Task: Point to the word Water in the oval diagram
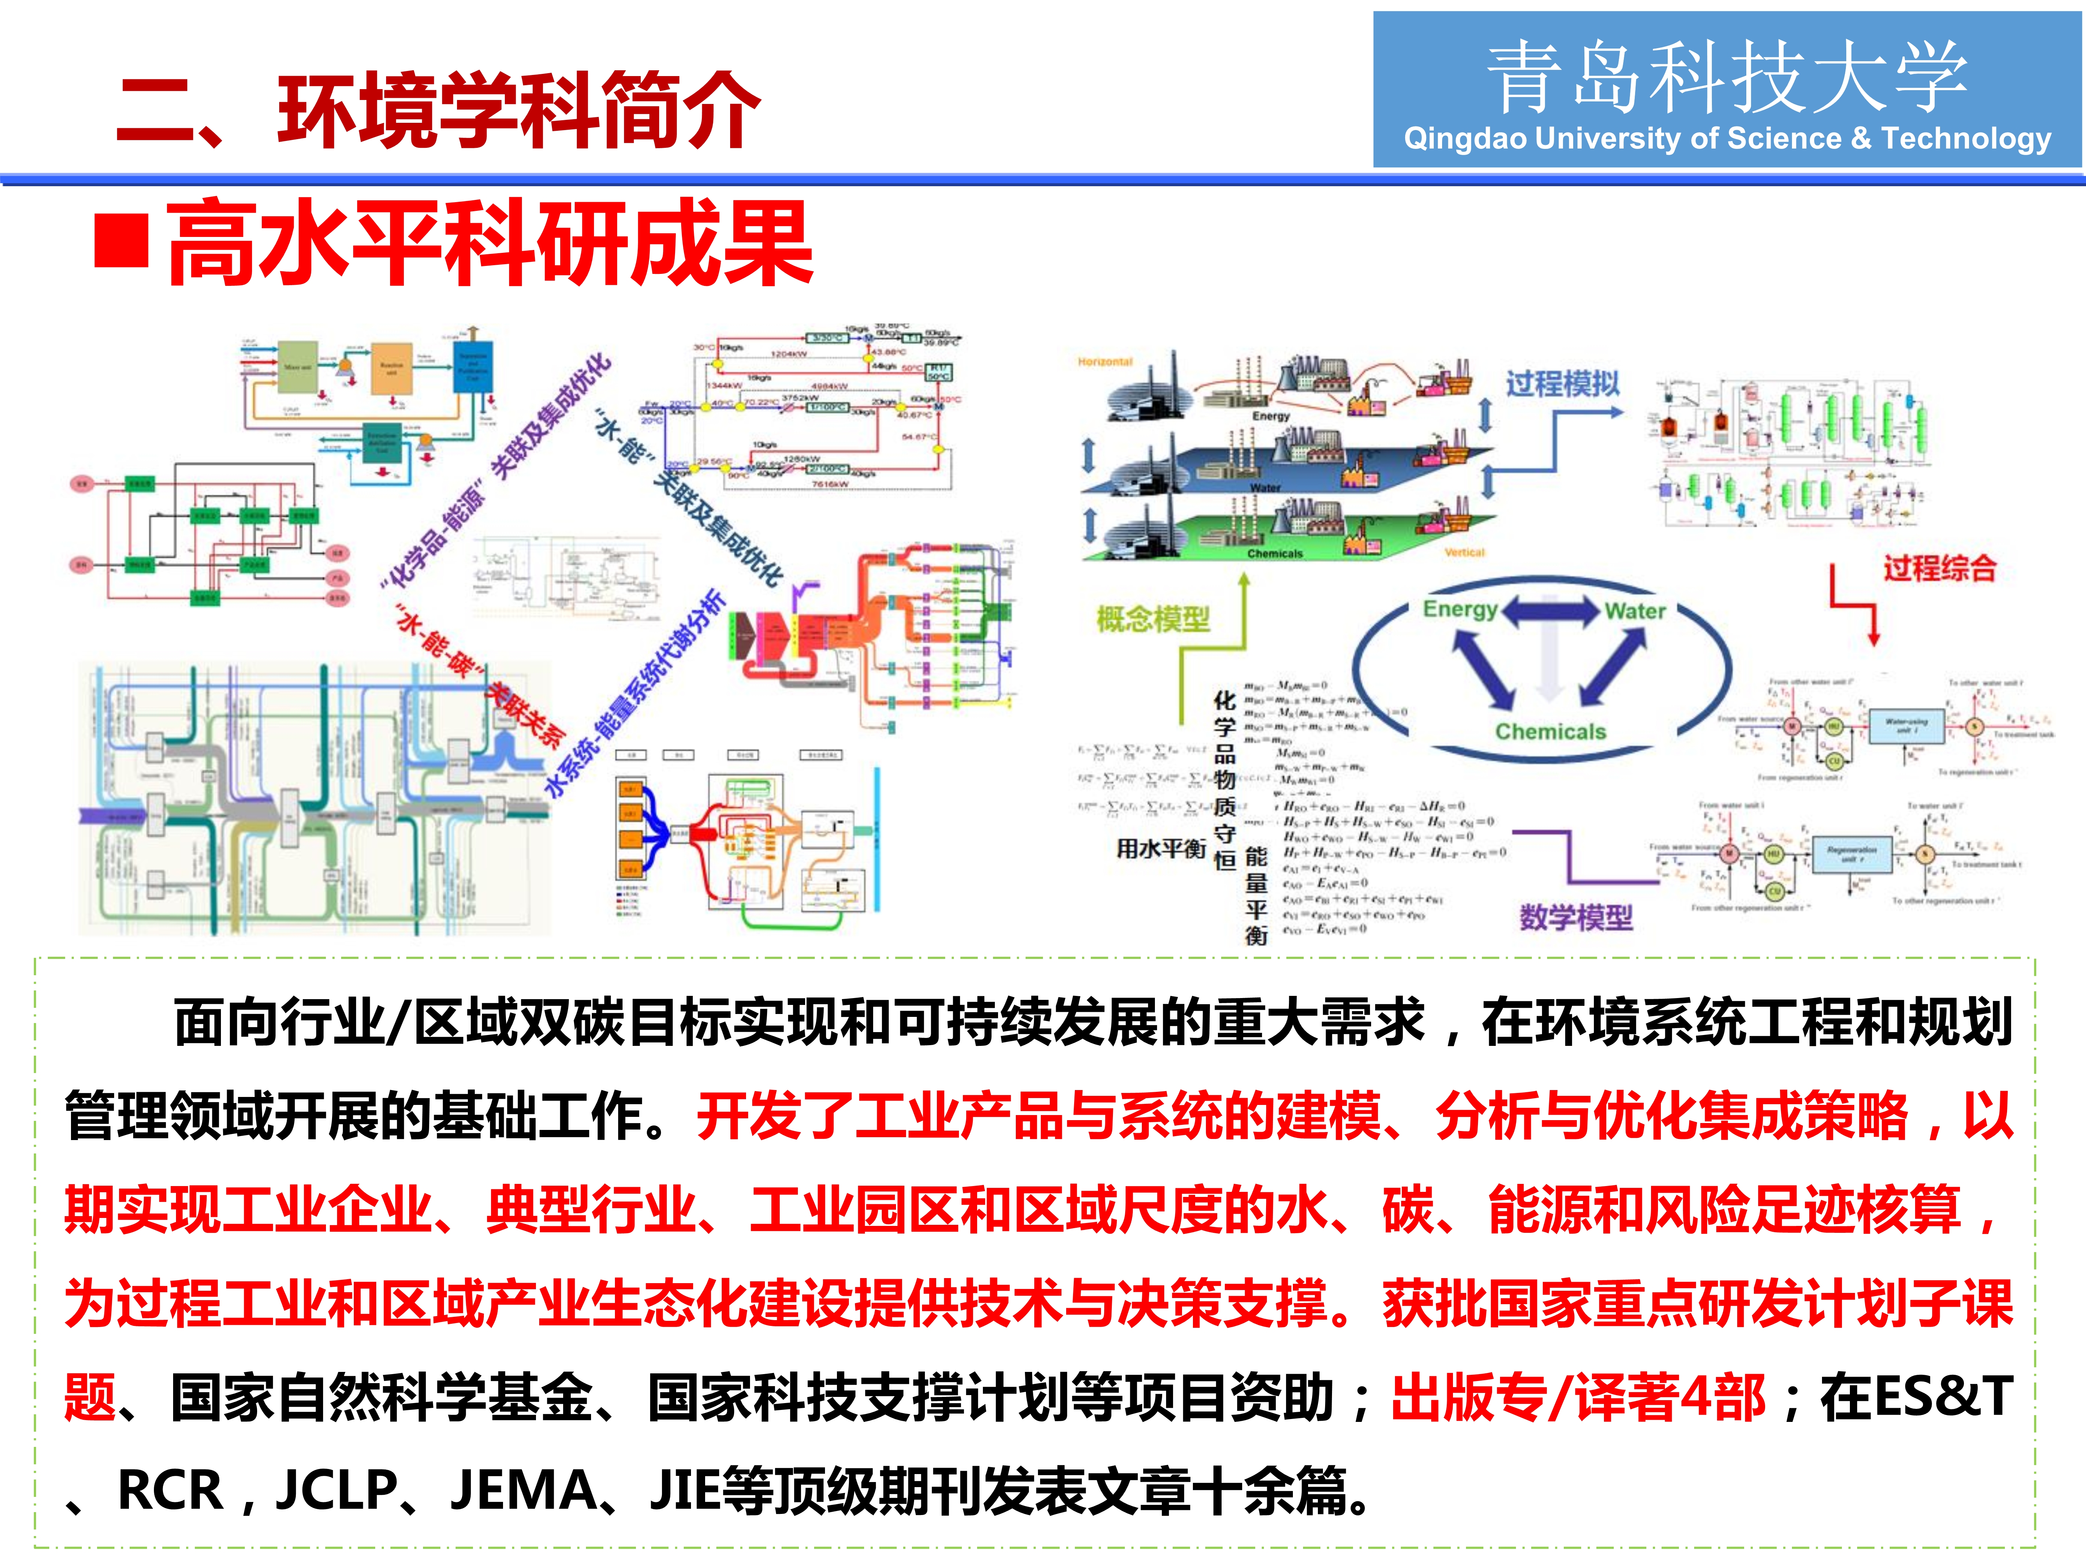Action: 1635,611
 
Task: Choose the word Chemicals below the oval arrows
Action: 1550,731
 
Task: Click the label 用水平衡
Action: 1161,848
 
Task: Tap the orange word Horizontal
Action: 1104,361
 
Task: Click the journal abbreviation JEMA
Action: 523,1490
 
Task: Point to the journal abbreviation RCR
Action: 170,1490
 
